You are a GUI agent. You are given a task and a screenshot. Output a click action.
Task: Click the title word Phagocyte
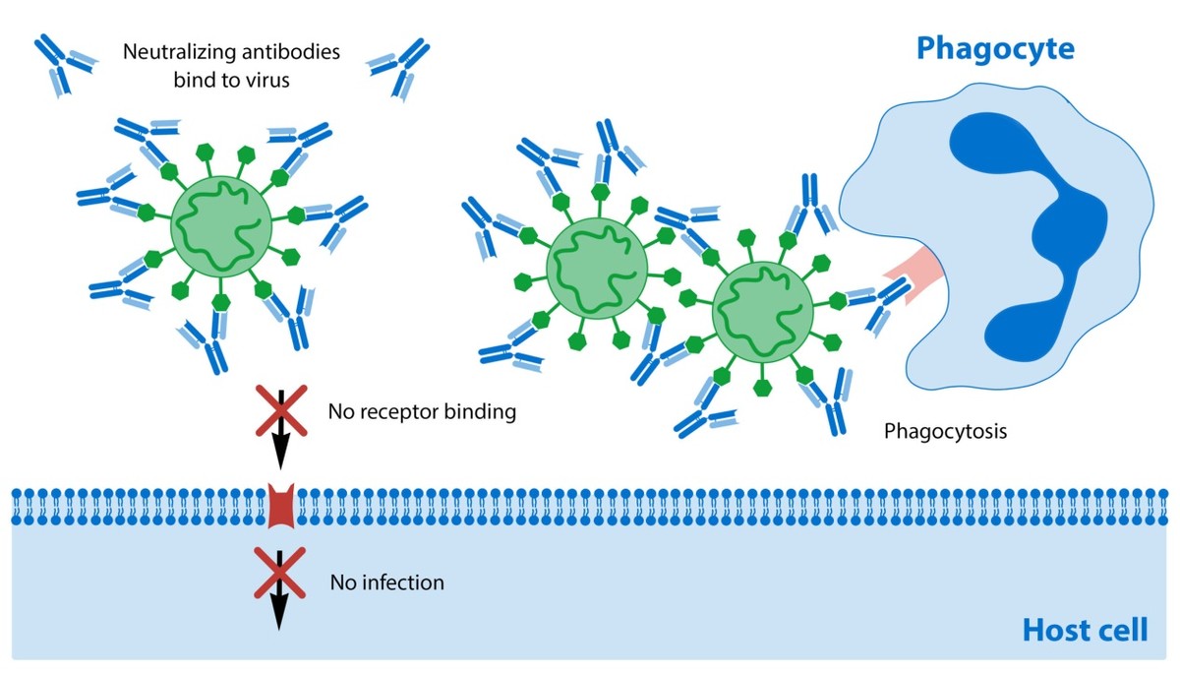(994, 48)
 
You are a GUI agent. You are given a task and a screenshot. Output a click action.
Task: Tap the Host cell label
(1084, 630)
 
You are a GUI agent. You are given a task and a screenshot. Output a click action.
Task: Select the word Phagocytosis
(945, 430)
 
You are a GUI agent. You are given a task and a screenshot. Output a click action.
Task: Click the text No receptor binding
(422, 411)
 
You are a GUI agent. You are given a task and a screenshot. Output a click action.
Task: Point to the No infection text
(386, 582)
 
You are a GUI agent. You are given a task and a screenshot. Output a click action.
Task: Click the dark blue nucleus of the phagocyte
(1042, 226)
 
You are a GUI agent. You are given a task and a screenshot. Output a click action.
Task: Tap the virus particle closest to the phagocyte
(761, 311)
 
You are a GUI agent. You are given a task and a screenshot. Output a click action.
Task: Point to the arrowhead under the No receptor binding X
(280, 454)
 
